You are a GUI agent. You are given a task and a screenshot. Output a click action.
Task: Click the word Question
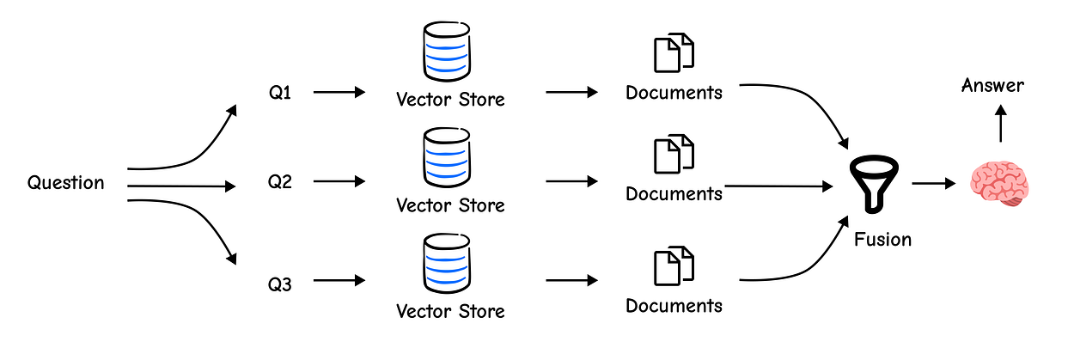[x=65, y=183]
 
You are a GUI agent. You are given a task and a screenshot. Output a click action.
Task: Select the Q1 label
[x=280, y=93]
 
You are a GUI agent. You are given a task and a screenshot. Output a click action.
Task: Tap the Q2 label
[x=280, y=181]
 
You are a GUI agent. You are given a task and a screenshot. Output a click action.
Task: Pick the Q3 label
[x=280, y=284]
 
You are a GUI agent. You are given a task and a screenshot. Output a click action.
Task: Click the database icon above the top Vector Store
[x=447, y=52]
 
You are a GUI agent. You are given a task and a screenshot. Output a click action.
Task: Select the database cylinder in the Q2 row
[x=447, y=157]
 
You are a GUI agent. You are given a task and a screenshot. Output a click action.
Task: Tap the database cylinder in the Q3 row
[x=447, y=263]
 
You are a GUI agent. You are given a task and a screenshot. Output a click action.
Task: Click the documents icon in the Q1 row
[x=674, y=52]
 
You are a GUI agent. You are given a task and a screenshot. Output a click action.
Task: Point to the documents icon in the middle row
[x=674, y=154]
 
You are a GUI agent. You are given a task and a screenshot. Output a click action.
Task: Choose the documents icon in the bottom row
[x=674, y=266]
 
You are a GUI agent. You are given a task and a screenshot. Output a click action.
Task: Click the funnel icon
[x=874, y=184]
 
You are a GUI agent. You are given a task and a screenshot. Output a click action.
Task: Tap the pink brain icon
[x=1000, y=184]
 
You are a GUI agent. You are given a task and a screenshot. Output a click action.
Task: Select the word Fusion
[x=882, y=240]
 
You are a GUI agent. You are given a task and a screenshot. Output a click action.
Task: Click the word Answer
[x=992, y=86]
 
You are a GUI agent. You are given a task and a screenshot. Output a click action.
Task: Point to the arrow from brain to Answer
[x=1001, y=124]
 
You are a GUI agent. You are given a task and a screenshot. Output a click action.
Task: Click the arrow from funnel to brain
[x=934, y=183]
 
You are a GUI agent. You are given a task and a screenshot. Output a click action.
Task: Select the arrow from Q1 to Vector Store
[x=339, y=92]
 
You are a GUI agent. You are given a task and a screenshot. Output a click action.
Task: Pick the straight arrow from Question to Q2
[x=181, y=186]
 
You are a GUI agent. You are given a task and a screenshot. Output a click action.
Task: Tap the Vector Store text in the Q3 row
[x=451, y=312]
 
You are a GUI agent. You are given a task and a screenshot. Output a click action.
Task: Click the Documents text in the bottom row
[x=674, y=306]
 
